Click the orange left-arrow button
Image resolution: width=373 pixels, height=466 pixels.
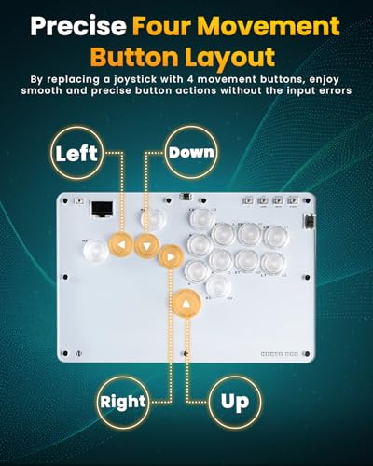tap(121, 245)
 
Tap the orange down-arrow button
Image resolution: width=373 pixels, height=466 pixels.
tap(147, 246)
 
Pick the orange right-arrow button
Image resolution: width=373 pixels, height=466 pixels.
tap(171, 257)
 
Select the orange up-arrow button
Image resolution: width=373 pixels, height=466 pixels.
tap(186, 304)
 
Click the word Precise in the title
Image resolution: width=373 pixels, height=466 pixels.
tap(78, 27)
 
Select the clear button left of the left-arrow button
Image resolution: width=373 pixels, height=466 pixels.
tap(96, 251)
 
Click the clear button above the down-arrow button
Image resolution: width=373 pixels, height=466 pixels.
tap(153, 219)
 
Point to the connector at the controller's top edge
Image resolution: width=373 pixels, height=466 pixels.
tap(186, 197)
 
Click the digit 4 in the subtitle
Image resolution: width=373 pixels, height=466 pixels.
tap(190, 79)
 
